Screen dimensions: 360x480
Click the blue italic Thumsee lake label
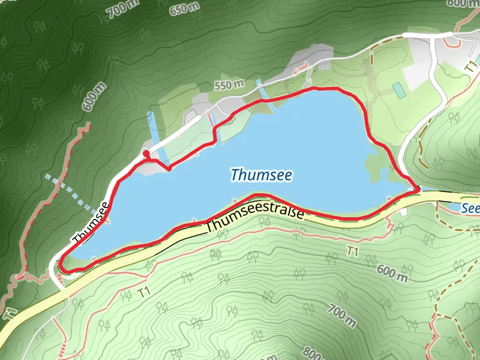tap(261, 175)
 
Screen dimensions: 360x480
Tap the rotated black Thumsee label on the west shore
tap(91, 223)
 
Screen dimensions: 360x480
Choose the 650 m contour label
tap(185, 8)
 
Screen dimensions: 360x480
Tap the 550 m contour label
tap(229, 85)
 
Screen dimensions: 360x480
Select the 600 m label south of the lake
tap(391, 273)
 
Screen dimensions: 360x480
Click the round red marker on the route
tap(146, 155)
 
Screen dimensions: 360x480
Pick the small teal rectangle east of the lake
tap(398, 90)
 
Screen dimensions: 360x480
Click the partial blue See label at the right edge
tap(470, 208)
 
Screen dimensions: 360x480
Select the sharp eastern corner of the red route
tap(418, 191)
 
